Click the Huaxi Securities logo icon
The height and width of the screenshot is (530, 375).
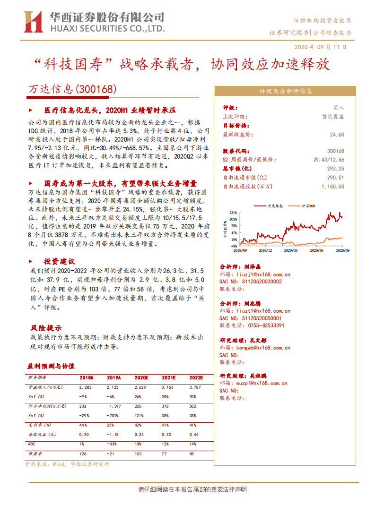tap(34, 23)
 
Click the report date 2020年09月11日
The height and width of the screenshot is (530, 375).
tap(320, 47)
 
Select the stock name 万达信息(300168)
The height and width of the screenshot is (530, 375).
tap(72, 89)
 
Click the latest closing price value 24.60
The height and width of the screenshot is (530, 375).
tap(337, 135)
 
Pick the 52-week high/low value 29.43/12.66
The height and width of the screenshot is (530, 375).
tap(329, 160)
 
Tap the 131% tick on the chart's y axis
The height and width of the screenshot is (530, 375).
tap(233, 213)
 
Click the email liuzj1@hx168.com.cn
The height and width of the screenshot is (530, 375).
tap(261, 274)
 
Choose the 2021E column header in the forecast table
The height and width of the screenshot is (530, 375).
tap(168, 378)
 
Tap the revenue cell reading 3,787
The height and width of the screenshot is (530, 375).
tap(195, 387)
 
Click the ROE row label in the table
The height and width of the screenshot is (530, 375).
tap(32, 444)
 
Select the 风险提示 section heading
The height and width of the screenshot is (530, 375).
tap(46, 328)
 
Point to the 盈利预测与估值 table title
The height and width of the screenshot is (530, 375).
tap(51, 366)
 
